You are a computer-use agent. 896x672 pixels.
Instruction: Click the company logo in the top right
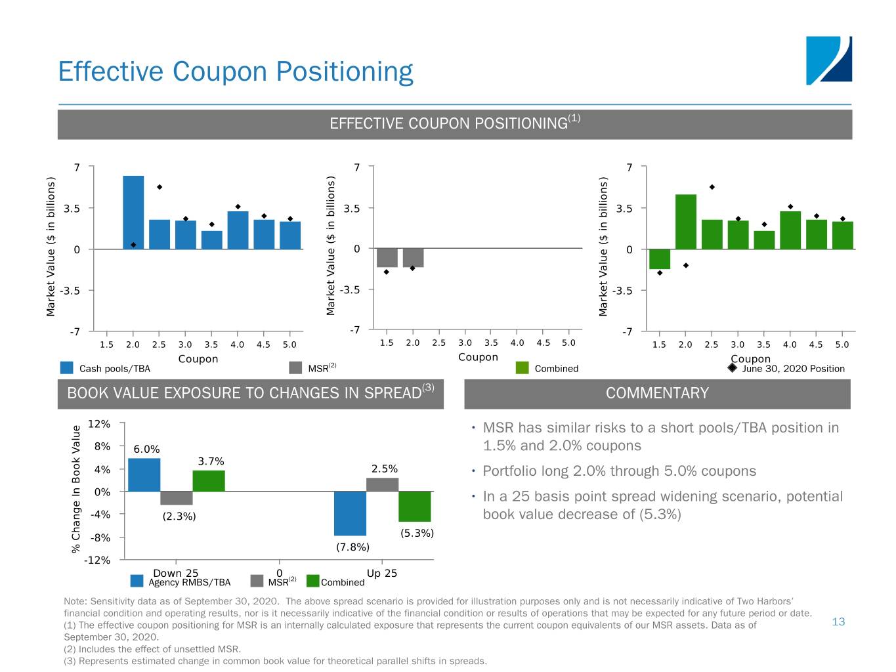pyautogui.click(x=828, y=60)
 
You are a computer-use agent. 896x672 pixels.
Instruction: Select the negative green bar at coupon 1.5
pyautogui.click(x=660, y=259)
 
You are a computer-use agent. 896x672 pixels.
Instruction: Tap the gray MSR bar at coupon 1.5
pyautogui.click(x=387, y=257)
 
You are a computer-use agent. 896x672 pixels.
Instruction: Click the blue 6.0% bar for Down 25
pyautogui.click(x=144, y=474)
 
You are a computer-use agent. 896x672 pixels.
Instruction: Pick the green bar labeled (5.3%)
pyautogui.click(x=414, y=506)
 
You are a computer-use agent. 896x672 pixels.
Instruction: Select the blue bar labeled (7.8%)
pyautogui.click(x=350, y=513)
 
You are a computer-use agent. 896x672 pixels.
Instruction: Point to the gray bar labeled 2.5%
pyautogui.click(x=382, y=484)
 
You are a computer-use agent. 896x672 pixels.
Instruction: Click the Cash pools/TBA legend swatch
pyautogui.click(x=66, y=368)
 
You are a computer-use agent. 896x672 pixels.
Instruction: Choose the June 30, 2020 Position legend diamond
pyautogui.click(x=733, y=367)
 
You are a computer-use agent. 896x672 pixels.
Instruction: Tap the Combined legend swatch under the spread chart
pyautogui.click(x=312, y=581)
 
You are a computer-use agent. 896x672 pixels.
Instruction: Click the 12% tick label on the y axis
pyautogui.click(x=99, y=424)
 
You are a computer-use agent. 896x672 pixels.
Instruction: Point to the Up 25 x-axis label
pyautogui.click(x=382, y=573)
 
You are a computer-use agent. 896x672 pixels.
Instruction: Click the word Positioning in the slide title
pyautogui.click(x=344, y=72)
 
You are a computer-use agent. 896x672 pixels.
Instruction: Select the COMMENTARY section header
pyautogui.click(x=657, y=393)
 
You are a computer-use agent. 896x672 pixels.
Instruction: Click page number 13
pyautogui.click(x=838, y=621)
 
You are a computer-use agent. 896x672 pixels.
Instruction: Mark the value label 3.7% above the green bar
pyautogui.click(x=211, y=461)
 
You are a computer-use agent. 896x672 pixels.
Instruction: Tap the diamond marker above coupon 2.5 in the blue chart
pyautogui.click(x=160, y=187)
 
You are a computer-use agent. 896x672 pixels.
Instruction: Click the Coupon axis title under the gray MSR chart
pyautogui.click(x=478, y=357)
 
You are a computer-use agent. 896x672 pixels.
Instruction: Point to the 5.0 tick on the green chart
pyautogui.click(x=842, y=345)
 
